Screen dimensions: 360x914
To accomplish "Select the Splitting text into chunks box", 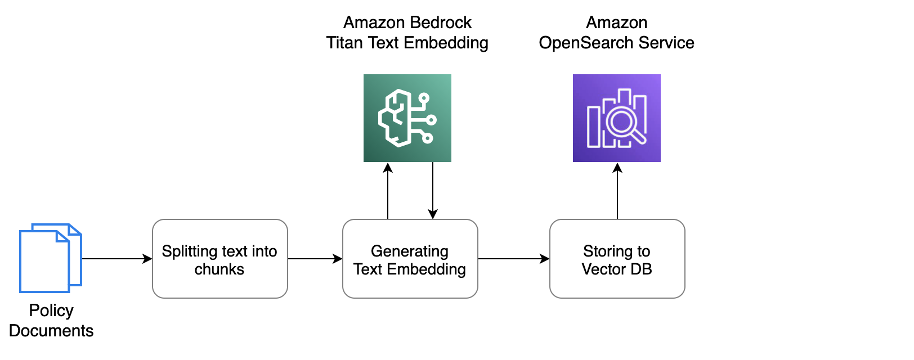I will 219,259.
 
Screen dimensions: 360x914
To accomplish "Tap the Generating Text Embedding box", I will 410,259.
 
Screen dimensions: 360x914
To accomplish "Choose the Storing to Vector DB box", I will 617,259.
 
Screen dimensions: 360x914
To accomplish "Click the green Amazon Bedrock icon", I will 407,118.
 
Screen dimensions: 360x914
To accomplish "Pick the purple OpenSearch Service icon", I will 616,118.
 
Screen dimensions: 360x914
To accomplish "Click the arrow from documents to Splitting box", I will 117,259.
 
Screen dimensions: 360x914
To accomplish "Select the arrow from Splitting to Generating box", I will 315,259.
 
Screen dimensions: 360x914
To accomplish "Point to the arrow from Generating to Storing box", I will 513,259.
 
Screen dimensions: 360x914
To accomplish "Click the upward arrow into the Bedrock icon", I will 388,191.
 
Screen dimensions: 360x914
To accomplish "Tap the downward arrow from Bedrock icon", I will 433,191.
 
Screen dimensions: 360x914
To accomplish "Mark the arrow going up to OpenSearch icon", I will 617,191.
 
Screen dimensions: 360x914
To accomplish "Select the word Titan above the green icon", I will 344,43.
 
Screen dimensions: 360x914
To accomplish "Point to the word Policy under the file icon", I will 51,310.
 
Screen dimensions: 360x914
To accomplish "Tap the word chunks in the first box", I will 219,269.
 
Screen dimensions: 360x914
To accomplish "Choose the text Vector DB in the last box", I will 617,269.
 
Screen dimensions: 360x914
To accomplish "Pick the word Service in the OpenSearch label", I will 666,43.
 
